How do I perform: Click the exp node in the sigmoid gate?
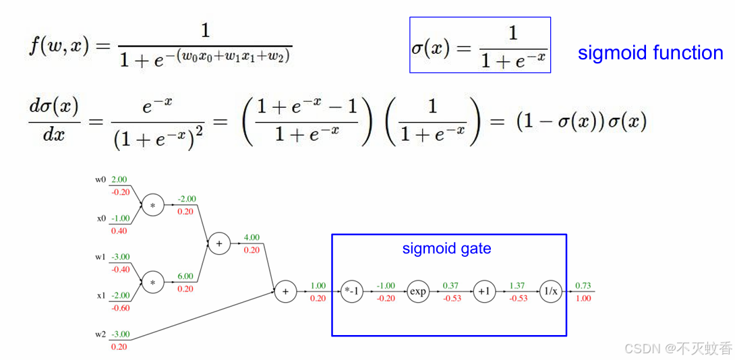point(418,291)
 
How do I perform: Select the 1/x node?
point(550,291)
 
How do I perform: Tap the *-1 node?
point(352,291)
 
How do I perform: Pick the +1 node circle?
point(484,291)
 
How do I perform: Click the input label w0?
point(100,180)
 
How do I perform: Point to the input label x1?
point(101,296)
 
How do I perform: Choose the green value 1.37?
point(517,286)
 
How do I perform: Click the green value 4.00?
point(251,237)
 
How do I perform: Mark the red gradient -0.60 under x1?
point(121,308)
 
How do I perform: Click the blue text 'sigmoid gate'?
point(446,248)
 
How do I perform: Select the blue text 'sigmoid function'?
point(650,53)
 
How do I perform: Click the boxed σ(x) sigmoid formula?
point(479,45)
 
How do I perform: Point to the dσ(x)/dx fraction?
point(54,121)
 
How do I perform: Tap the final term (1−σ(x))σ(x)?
point(581,121)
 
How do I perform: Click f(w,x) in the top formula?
point(59,47)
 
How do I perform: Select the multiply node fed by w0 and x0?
point(153,204)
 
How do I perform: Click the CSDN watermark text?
point(678,348)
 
